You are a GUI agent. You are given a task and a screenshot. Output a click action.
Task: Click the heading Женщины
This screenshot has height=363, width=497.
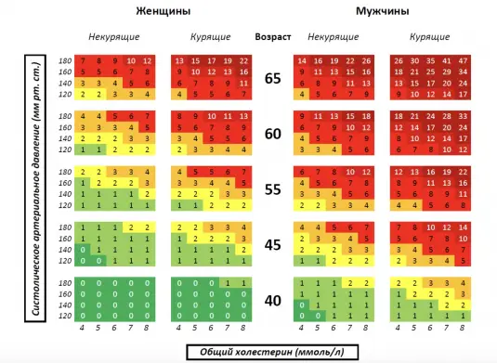[x=163, y=11]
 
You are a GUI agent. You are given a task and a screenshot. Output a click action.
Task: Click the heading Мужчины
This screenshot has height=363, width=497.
[x=381, y=11]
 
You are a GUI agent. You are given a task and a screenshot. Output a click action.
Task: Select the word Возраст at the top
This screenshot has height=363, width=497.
[x=272, y=38]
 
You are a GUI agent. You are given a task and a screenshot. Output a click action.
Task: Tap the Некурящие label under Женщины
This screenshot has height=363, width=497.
[x=115, y=38]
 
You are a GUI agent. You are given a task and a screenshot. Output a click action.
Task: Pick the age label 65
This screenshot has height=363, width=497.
[x=273, y=78]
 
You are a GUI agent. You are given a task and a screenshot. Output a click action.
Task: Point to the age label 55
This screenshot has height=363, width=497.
[x=273, y=188]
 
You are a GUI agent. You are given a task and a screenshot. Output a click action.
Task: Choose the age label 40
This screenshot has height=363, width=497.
[x=273, y=299]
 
